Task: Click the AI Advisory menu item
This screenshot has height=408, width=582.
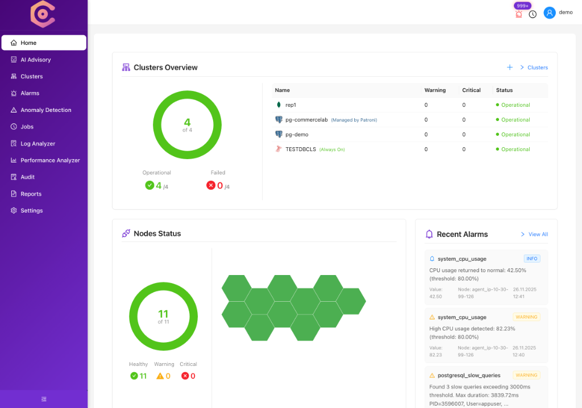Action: click(x=35, y=60)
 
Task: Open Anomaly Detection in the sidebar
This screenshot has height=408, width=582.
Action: click(x=45, y=110)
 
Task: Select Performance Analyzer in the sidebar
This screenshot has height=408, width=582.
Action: click(x=50, y=160)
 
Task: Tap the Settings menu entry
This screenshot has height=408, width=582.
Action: click(x=31, y=211)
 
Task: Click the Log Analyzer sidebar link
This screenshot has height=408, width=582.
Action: click(x=38, y=144)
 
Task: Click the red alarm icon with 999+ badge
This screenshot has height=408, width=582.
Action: click(x=518, y=14)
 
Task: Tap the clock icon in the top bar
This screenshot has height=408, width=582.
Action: click(x=533, y=14)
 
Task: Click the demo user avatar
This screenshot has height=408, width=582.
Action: click(x=549, y=13)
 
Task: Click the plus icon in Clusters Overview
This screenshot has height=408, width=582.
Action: click(x=510, y=67)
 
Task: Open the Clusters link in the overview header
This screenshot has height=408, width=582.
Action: click(x=537, y=68)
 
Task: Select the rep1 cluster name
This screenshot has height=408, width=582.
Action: click(x=290, y=105)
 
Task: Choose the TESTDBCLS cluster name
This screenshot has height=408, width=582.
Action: click(x=301, y=149)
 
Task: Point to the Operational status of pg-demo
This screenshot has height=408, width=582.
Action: click(x=515, y=135)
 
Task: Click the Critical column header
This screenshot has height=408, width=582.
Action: click(x=471, y=90)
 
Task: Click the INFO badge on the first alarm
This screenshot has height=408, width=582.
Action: click(x=531, y=259)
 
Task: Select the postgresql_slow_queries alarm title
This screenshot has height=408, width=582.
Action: click(x=469, y=375)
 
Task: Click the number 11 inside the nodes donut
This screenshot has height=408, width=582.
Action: click(x=163, y=314)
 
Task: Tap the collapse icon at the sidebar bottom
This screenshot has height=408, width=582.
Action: click(x=44, y=399)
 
